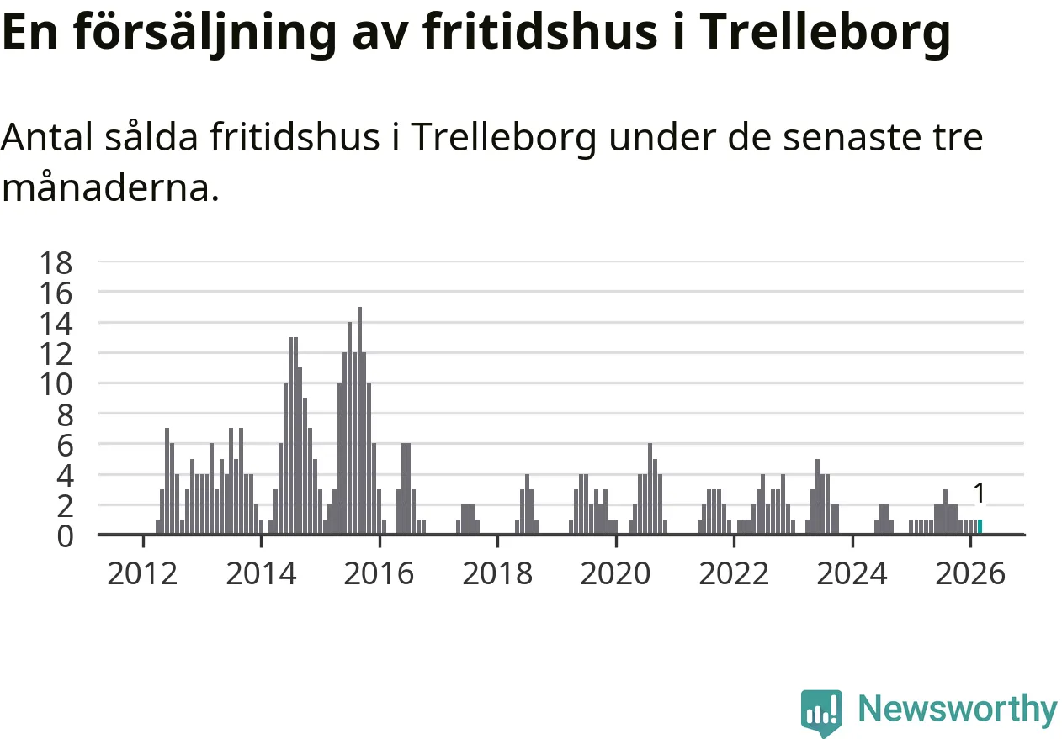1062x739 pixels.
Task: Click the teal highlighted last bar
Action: (979, 527)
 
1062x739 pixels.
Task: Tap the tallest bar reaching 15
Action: (359, 420)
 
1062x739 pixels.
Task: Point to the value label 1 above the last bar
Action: (979, 494)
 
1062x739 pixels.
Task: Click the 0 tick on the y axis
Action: (66, 536)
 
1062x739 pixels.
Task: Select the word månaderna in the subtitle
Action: (109, 188)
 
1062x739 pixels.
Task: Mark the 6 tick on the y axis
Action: (66, 445)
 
